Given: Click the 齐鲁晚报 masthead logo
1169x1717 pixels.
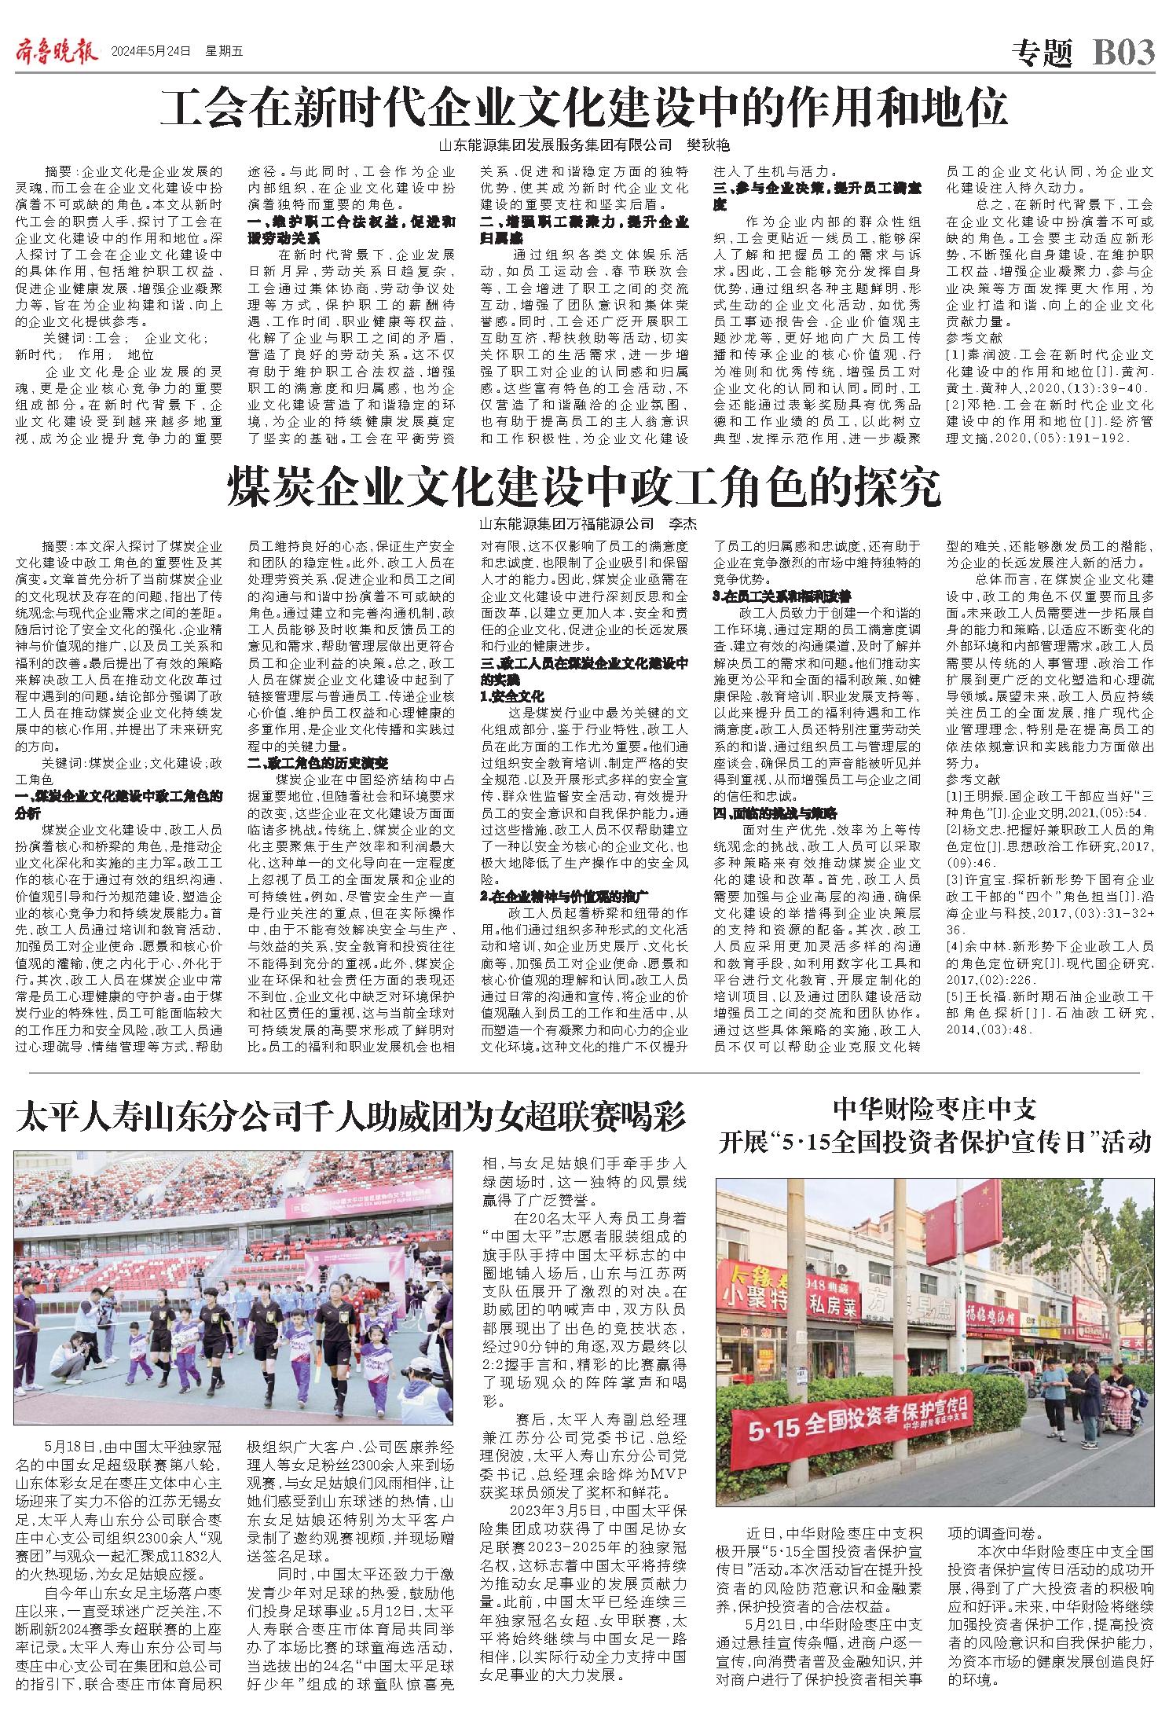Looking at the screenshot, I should [56, 53].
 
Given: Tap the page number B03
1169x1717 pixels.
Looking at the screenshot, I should [1123, 53].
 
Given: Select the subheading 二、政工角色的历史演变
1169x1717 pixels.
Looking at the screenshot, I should [317, 763].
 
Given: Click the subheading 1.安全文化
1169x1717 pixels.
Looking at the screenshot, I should [512, 696].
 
